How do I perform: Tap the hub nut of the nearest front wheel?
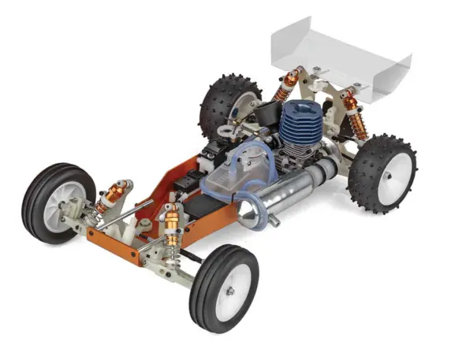(231, 291)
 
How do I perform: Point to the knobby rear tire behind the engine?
(217, 98)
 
